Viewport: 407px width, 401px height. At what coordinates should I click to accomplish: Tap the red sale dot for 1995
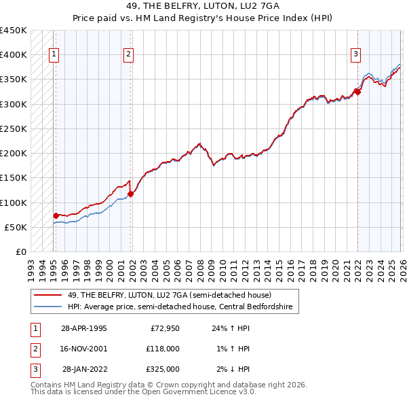tap(56, 215)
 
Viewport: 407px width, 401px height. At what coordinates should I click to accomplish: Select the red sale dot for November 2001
tap(131, 194)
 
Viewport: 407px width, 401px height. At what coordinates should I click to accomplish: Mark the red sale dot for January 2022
tap(357, 92)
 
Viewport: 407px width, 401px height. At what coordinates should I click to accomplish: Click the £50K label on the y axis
tap(16, 227)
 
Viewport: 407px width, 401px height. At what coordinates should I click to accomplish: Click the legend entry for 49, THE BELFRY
tap(170, 295)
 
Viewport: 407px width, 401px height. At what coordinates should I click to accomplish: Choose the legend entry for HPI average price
tap(180, 307)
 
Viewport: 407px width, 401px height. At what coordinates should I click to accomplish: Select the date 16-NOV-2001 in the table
tap(84, 349)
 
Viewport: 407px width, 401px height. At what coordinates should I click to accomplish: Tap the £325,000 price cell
tap(162, 369)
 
